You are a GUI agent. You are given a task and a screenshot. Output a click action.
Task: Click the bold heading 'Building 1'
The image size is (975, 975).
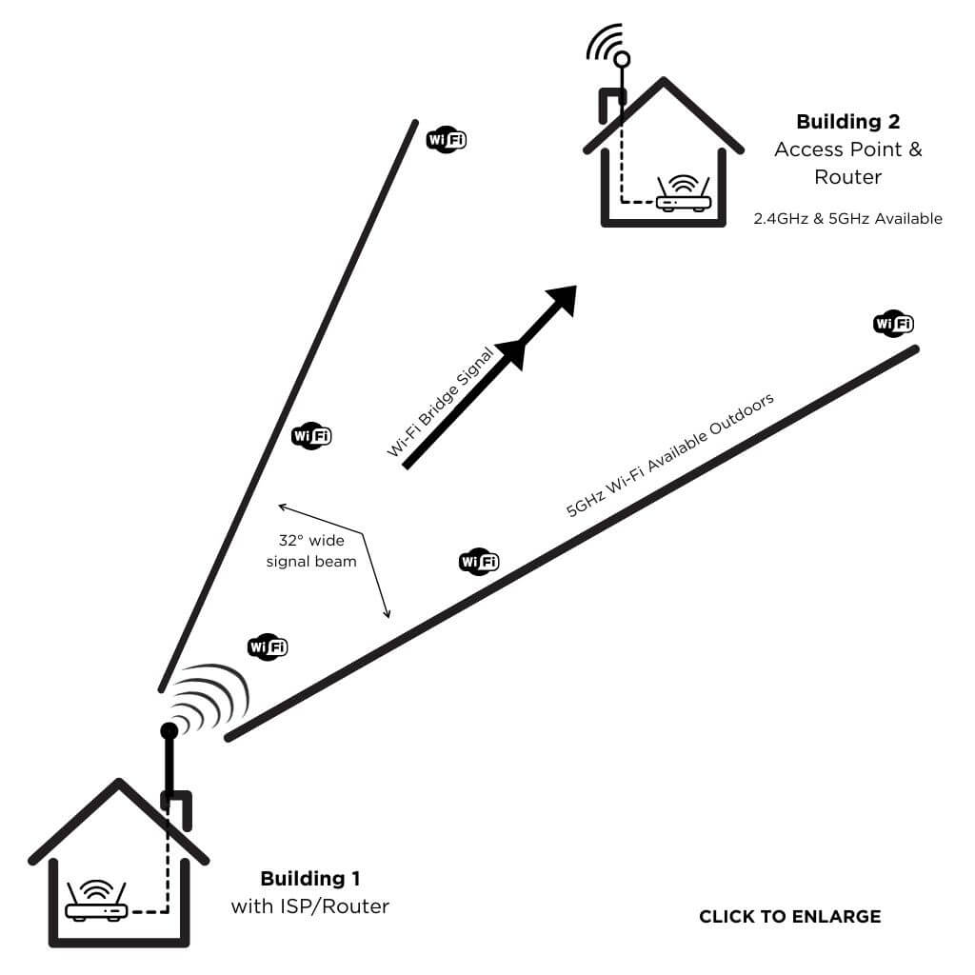click(x=310, y=878)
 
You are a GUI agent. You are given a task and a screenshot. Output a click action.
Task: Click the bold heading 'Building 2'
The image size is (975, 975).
click(x=847, y=121)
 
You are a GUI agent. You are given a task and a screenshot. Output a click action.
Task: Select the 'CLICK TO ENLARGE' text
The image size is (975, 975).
click(x=789, y=917)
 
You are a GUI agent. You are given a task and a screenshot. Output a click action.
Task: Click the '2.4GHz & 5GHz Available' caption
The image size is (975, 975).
click(x=847, y=219)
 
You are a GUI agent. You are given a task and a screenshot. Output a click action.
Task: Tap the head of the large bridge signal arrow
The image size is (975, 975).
click(x=561, y=300)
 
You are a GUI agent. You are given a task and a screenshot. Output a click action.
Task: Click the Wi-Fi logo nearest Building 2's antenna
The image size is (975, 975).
click(x=447, y=140)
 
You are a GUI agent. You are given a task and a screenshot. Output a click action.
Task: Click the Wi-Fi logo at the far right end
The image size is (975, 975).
click(x=893, y=324)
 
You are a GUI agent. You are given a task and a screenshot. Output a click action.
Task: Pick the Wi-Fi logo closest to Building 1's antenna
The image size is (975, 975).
click(x=268, y=647)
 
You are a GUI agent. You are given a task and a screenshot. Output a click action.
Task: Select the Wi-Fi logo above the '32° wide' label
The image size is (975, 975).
click(x=311, y=436)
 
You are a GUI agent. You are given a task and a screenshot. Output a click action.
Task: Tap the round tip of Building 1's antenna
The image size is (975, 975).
click(x=169, y=731)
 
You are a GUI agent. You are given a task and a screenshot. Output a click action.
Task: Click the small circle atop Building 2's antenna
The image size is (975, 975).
click(x=622, y=60)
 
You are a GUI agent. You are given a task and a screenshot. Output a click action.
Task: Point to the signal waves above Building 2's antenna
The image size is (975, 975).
click(x=603, y=42)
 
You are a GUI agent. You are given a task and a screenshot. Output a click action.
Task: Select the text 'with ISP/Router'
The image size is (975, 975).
click(x=310, y=906)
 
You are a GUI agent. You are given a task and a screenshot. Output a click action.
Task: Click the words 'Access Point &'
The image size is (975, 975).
click(x=847, y=149)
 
